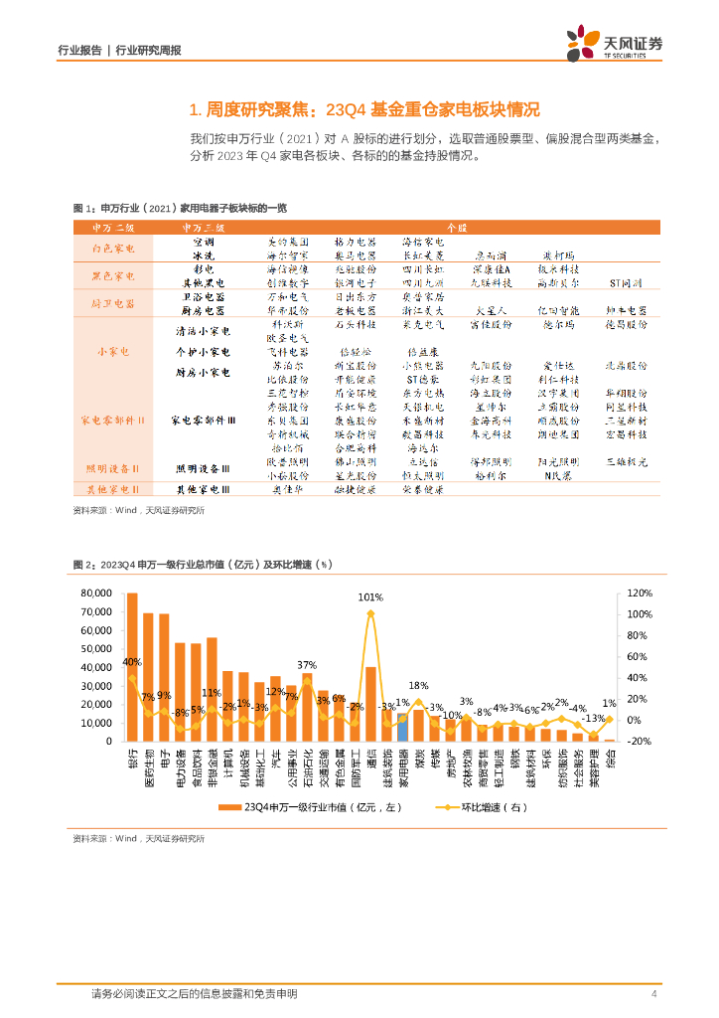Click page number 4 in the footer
coord(653,994)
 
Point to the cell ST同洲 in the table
coord(626,283)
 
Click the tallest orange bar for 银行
coord(132,666)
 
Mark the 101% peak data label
coord(370,597)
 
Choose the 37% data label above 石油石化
coord(307,665)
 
